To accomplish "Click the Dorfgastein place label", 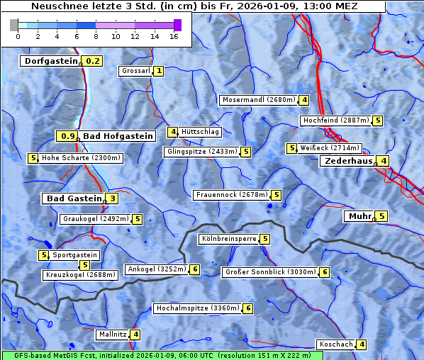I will (50, 61).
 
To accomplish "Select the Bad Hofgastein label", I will (117, 135).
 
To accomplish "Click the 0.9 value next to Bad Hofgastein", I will (67, 135).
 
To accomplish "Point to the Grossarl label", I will (136, 71).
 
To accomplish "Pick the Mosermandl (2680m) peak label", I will (258, 100).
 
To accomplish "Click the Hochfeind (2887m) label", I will (335, 120).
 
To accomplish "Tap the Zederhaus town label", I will (348, 161).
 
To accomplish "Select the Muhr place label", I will (359, 216).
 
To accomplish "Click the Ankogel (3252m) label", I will (156, 269).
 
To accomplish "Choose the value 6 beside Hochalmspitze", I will (248, 308).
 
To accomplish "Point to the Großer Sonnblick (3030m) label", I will (269, 271).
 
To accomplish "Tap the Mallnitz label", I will (113, 334).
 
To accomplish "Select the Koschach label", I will (336, 344).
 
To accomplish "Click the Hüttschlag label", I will (201, 132).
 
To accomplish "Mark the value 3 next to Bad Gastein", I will (112, 198).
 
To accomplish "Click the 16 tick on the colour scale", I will (174, 35).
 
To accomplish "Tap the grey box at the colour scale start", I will (14, 25).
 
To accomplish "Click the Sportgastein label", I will (75, 254).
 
